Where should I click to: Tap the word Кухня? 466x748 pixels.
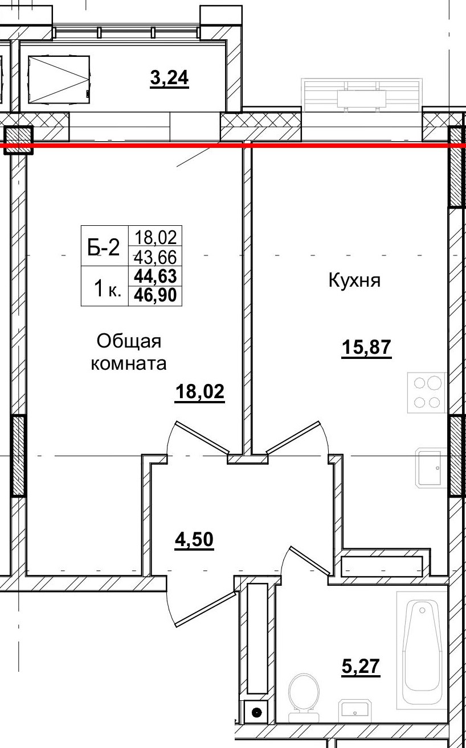[x=354, y=280]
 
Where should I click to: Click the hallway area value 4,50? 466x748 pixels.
[x=194, y=539]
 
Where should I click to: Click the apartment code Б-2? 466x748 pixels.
[x=104, y=247]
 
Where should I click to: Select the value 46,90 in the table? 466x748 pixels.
[x=155, y=295]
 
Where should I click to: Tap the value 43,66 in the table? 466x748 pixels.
[x=155, y=256]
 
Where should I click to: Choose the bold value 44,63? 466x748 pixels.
[x=155, y=276]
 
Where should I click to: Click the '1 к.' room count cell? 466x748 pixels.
[x=106, y=289]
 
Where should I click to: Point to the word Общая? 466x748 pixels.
[x=129, y=341]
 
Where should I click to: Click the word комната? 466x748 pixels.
[x=129, y=363]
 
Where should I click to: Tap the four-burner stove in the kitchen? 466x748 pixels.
[x=427, y=392]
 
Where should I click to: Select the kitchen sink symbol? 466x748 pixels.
[x=429, y=468]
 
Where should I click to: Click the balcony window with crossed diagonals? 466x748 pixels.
[x=59, y=79]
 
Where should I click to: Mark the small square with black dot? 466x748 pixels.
[x=256, y=711]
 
